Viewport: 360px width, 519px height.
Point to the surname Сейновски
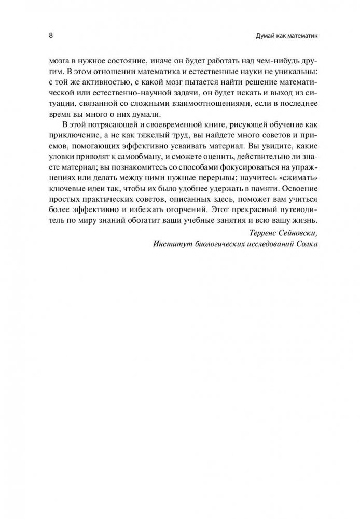294,248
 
